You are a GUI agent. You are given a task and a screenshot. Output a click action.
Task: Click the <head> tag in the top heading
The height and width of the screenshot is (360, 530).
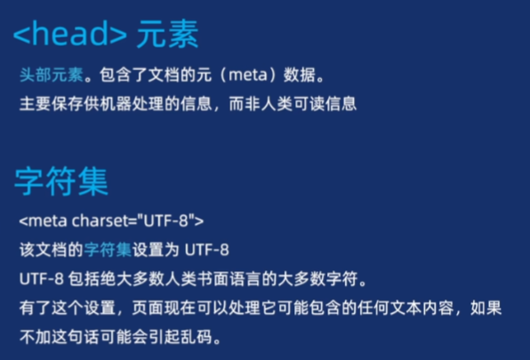pyautogui.click(x=69, y=35)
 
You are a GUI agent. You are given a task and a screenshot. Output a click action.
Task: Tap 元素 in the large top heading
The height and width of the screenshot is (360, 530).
pyautogui.click(x=167, y=35)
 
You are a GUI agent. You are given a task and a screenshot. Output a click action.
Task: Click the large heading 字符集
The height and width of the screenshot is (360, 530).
pyautogui.click(x=61, y=181)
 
